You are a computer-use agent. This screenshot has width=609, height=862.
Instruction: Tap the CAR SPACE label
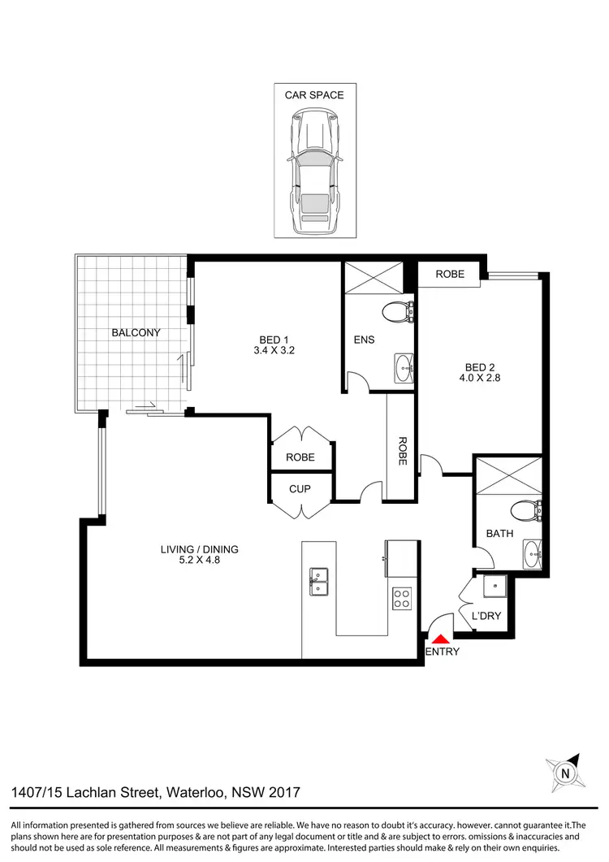click(313, 95)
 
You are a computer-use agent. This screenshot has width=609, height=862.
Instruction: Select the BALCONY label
click(136, 332)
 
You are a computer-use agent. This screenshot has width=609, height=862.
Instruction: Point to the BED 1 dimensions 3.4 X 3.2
click(274, 352)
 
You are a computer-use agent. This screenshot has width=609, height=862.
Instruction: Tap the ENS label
click(364, 339)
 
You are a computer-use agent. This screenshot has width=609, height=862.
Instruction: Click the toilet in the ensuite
click(399, 310)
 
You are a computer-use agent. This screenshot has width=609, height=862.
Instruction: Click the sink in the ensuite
click(404, 368)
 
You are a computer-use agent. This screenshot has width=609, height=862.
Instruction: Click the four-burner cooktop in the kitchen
click(401, 599)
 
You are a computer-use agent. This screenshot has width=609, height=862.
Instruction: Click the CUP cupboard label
click(300, 489)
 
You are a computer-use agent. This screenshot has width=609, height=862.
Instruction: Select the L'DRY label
click(486, 616)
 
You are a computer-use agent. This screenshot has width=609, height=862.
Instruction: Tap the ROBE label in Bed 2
click(450, 274)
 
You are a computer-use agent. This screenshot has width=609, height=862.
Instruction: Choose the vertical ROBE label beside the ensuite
click(402, 451)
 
